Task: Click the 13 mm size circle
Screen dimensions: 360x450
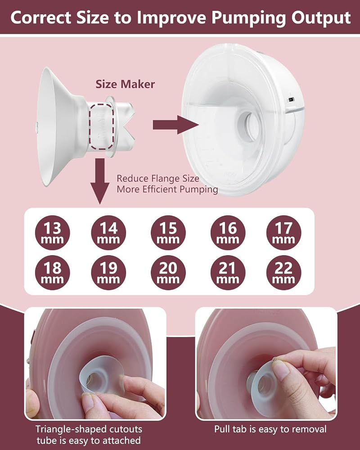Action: coord(52,233)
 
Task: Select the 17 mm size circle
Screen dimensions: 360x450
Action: coord(283,233)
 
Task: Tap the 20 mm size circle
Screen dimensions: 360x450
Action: coord(168,273)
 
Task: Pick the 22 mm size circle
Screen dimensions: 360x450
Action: coord(283,273)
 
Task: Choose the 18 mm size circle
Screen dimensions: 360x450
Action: coord(52,273)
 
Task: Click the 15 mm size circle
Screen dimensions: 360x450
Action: coord(168,233)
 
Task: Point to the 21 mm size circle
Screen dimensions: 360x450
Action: coord(228,273)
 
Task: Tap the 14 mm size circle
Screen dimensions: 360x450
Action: coord(108,233)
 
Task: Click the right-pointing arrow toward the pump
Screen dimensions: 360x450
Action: coord(175,125)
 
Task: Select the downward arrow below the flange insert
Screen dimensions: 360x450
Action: coord(100,181)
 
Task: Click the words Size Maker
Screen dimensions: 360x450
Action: coord(125,84)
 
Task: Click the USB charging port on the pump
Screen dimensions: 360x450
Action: coord(292,100)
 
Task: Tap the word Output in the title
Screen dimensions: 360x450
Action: coord(321,18)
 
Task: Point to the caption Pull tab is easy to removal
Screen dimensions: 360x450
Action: coord(270,429)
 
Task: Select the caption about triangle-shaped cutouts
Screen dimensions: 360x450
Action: coord(89,435)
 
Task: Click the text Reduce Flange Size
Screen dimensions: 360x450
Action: coord(158,179)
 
